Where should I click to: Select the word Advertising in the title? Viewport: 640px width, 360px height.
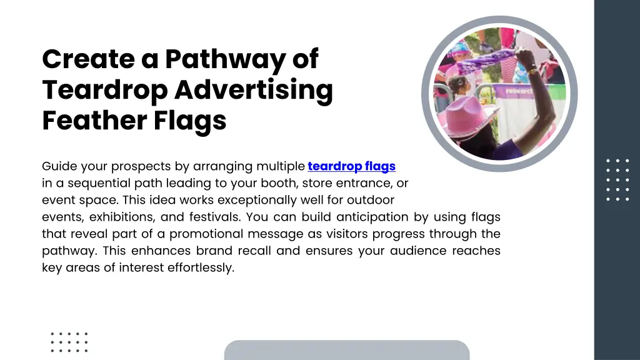point(253,91)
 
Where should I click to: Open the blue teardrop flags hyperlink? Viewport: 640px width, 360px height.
point(351,166)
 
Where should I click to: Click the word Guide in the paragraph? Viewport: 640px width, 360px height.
point(58,167)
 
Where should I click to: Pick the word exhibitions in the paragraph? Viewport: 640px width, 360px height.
point(119,217)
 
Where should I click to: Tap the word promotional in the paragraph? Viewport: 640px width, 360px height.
point(205,234)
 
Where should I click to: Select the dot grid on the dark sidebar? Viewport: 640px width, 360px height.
point(617,179)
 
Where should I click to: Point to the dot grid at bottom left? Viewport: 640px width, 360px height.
point(69,342)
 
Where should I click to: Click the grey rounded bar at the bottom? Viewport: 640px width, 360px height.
point(346,350)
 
